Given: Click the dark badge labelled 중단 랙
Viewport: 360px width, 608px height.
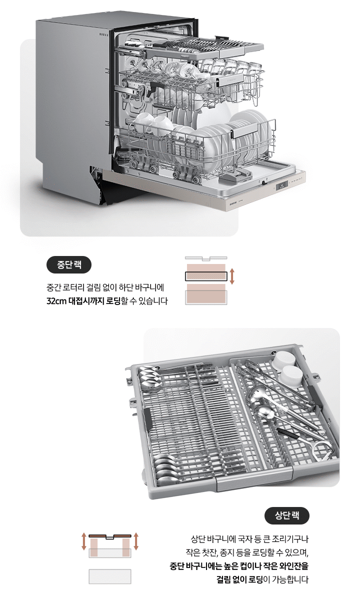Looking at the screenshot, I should tap(68, 264).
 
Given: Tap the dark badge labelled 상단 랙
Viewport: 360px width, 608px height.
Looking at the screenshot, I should tap(287, 515).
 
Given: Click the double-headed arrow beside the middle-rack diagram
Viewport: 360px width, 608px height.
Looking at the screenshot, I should tap(231, 276).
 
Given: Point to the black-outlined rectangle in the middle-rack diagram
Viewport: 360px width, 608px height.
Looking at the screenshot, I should tap(205, 276).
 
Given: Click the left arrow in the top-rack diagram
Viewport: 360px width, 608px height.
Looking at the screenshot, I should tap(83, 541).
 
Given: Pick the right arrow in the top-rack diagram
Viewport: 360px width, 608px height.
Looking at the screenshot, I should tap(136, 541).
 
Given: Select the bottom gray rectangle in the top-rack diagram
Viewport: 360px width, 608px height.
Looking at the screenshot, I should tap(110, 576).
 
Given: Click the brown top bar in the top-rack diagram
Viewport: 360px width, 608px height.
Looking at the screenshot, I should tap(110, 536).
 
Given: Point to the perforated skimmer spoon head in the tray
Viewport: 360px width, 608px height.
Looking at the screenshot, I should tap(264, 412).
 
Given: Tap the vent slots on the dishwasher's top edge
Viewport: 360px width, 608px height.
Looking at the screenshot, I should tap(103, 35).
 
